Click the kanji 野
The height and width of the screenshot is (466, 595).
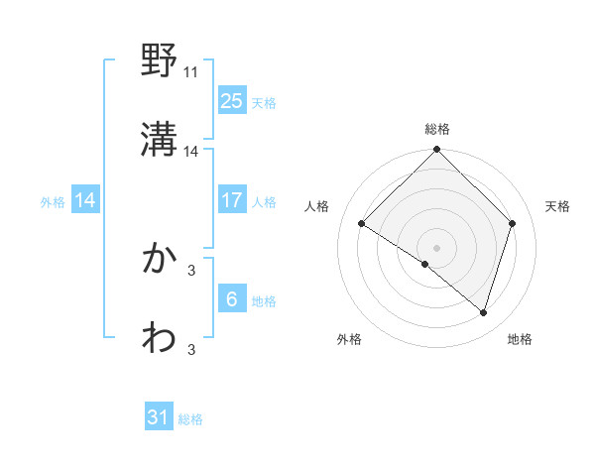coord(160,62)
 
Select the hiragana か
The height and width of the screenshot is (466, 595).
coord(160,259)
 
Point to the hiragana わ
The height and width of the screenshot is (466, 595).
coord(160,338)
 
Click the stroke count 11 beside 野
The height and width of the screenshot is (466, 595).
coord(191,72)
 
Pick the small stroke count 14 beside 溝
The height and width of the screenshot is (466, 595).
coord(191,152)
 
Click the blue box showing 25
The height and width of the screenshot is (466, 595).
coord(231,100)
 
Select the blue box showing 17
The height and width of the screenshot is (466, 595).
coord(231,200)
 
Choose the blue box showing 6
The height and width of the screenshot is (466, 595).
coord(231,299)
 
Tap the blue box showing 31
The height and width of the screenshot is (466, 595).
coord(159,417)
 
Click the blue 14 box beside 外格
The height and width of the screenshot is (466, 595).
coord(85,200)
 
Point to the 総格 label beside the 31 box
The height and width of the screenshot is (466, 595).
coord(190,419)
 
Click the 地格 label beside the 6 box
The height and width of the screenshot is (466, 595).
coord(264,301)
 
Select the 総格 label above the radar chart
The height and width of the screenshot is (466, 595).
coord(437,129)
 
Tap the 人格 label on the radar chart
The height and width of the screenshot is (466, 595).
coord(317,206)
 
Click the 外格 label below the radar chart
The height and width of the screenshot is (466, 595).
coord(349,339)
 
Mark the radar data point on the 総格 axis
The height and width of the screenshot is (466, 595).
coord(437,151)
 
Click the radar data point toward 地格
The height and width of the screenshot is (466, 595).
coord(483,313)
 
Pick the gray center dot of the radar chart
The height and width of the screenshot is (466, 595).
coord(437,246)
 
